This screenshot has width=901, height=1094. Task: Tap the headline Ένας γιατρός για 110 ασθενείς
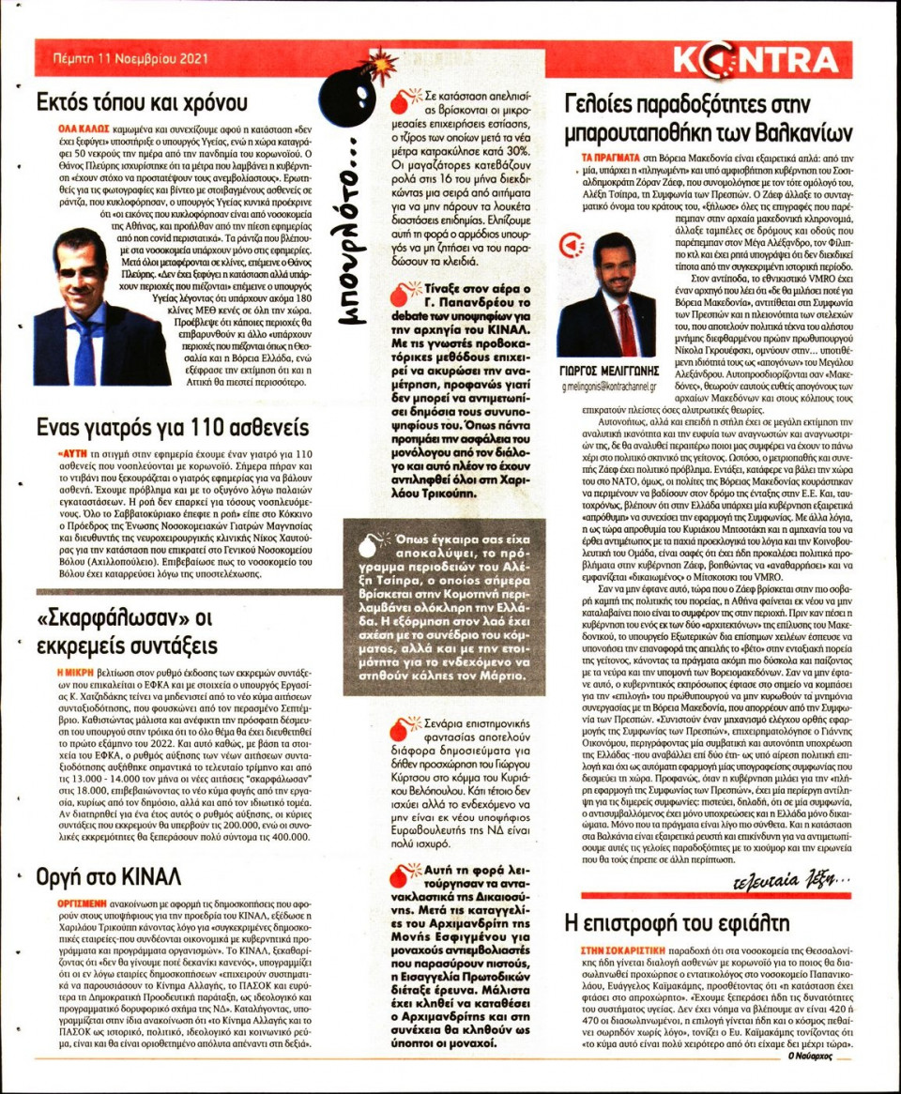point(172,427)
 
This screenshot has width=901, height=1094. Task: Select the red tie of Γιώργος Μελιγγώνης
point(624,329)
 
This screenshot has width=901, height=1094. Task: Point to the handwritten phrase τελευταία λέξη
point(791,881)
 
